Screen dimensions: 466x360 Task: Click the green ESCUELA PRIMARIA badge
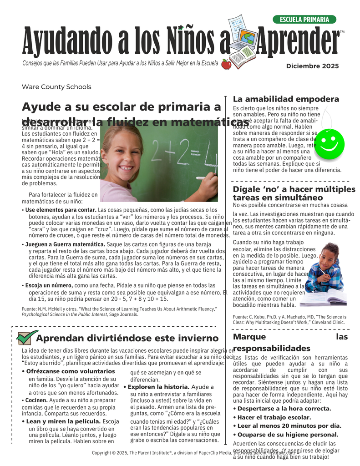coord(304,20)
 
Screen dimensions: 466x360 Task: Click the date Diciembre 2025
coord(312,66)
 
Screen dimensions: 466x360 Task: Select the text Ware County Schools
coord(56,87)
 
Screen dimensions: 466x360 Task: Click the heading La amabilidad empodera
coord(286,99)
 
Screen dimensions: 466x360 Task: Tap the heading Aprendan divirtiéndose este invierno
coord(127,338)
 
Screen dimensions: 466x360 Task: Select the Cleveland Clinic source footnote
coord(289,319)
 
